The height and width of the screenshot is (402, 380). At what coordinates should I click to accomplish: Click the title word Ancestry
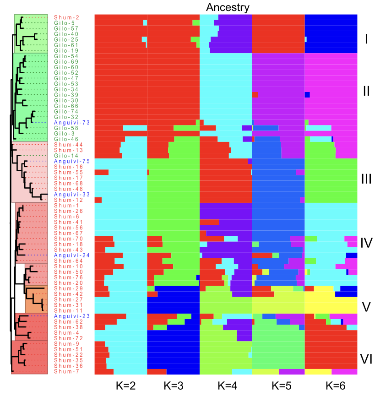pos(228,7)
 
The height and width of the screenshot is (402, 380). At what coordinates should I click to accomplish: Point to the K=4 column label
pos(226,386)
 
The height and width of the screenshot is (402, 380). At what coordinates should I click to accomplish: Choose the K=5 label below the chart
pos(279,386)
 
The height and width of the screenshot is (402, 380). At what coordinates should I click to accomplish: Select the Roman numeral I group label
pos(366,39)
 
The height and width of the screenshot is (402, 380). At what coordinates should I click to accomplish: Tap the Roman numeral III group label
pos(366,179)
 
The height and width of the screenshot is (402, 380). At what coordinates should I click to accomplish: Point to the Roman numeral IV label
pos(366,243)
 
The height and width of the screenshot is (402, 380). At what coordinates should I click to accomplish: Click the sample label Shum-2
pos(66,17)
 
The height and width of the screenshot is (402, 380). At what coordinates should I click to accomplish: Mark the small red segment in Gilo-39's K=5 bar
pos(255,95)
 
